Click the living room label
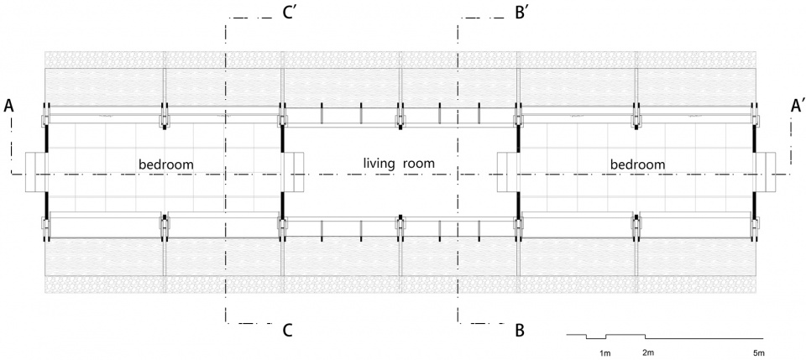click(399, 164)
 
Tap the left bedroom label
click(166, 164)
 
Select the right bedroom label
click(638, 164)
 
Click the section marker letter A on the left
click(8, 107)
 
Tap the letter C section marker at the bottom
click(287, 331)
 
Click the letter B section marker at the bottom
click(520, 331)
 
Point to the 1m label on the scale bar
click(605, 353)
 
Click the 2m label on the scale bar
click(649, 352)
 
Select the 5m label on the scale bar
click(759, 352)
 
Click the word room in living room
click(419, 164)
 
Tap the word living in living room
click(379, 164)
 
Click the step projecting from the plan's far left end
click(35, 171)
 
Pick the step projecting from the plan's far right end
click(766, 171)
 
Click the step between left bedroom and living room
click(294, 171)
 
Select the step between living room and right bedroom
click(507, 171)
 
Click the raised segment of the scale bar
click(625, 335)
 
